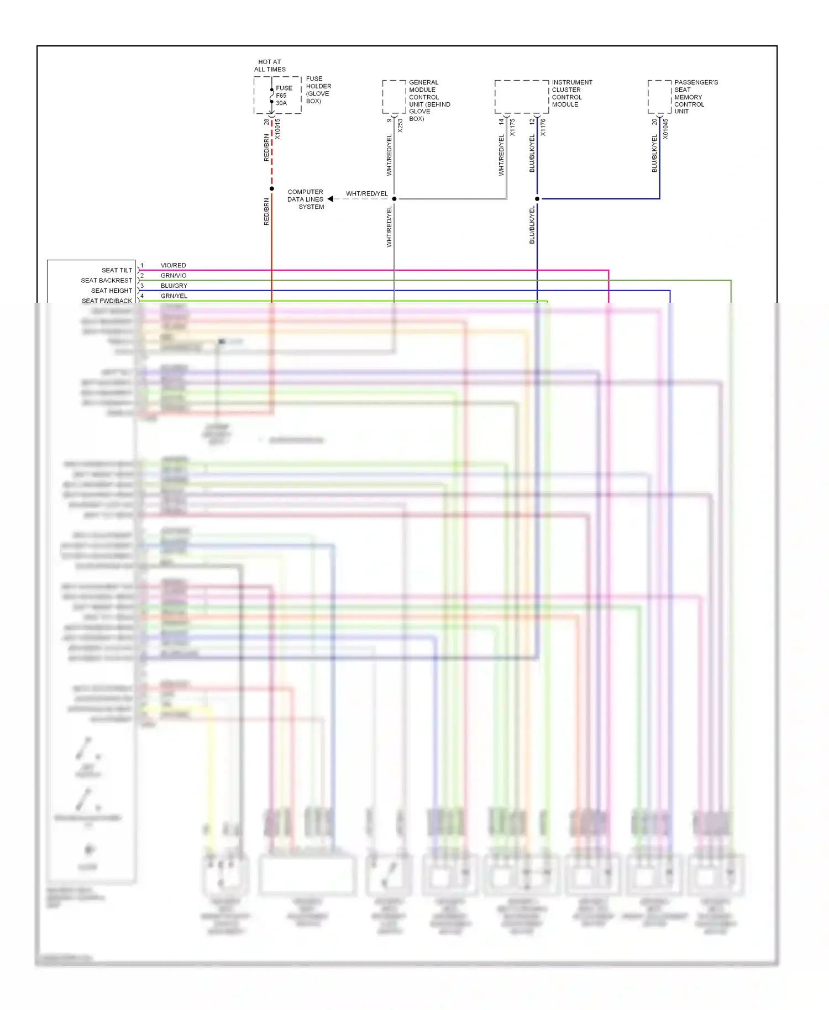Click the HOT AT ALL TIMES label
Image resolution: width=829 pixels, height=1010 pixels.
(x=270, y=66)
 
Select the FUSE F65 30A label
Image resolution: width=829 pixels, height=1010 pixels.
(x=284, y=96)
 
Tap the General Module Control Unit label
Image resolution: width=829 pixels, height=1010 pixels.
(x=429, y=100)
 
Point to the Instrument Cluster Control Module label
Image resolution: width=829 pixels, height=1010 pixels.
(x=571, y=93)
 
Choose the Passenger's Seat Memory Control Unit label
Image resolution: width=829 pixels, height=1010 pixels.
(x=695, y=97)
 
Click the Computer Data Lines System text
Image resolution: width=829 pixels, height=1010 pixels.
(x=306, y=199)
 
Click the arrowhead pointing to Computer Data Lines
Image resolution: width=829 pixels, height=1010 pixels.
(x=330, y=199)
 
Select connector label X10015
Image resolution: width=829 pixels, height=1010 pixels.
(x=278, y=129)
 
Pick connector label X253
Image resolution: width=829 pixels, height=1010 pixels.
(x=400, y=126)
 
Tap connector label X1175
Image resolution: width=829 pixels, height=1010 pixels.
(x=512, y=127)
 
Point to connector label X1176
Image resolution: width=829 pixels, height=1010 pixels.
(x=543, y=127)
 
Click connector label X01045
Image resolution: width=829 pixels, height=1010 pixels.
(x=665, y=129)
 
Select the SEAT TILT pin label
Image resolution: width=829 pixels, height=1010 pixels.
(x=117, y=270)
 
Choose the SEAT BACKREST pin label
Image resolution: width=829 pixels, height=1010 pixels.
(x=107, y=281)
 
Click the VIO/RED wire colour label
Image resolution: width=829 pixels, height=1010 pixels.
(x=173, y=266)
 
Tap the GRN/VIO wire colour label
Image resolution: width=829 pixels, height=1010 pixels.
(x=174, y=276)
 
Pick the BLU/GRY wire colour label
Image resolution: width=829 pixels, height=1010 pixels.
(x=174, y=286)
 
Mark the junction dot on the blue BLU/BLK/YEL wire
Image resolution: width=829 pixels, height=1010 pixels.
(x=537, y=199)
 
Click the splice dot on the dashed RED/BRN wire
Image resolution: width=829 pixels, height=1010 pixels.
(x=272, y=189)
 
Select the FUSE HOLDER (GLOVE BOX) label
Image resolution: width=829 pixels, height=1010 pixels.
(x=318, y=90)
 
